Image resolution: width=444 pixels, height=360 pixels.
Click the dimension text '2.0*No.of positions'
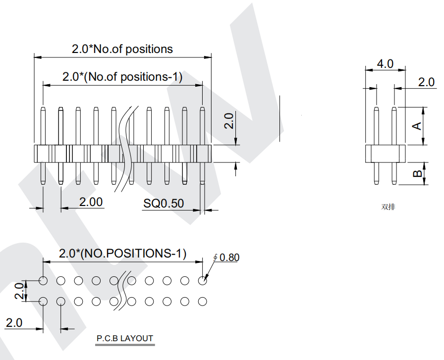122,49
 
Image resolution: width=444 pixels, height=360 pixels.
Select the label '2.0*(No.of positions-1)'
122,77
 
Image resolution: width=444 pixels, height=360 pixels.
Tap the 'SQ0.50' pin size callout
164,203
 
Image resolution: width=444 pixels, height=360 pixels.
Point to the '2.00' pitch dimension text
91,202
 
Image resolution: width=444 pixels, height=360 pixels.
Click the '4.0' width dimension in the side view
385,64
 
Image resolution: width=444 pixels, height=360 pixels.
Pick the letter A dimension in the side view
417,126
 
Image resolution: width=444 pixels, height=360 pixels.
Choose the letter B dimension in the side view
417,173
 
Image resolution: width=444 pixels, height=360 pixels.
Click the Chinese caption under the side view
388,207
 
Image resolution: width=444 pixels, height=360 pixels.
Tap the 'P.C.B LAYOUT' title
125,338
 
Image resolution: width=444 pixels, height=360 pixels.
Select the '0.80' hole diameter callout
229,257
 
